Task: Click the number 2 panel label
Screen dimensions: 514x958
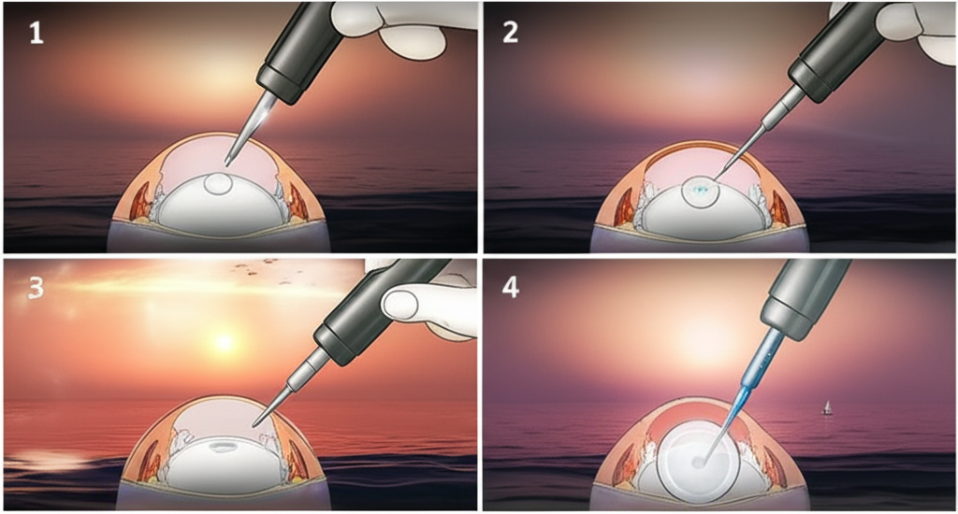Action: coord(510,36)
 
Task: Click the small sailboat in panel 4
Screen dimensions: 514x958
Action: coord(826,407)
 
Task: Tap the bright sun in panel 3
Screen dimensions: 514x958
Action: coord(223,342)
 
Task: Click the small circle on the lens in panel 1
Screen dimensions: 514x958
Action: coord(219,184)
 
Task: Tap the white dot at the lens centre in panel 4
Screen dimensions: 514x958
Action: coord(698,462)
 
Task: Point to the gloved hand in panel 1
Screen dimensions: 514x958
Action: coord(393,23)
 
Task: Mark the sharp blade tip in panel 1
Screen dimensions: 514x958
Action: coord(227,164)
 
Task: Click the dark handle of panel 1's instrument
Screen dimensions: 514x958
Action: coord(299,47)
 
